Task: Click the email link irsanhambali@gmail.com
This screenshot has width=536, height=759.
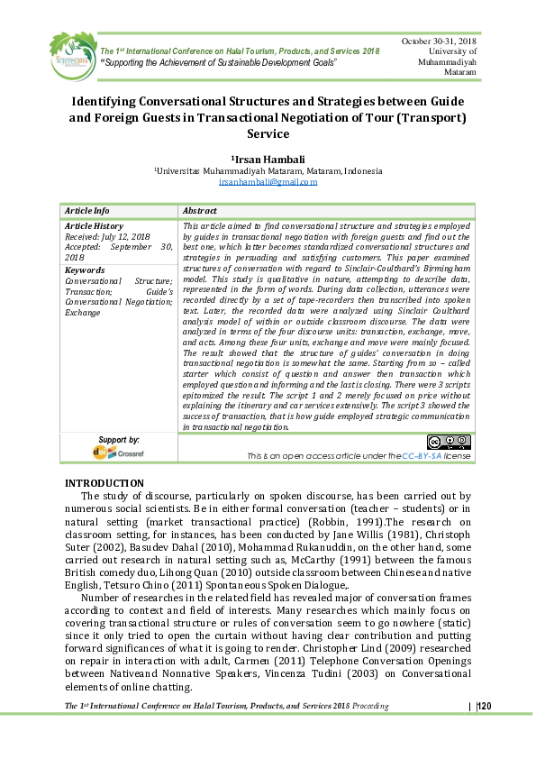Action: [x=268, y=182]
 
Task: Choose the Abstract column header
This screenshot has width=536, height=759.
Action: [x=200, y=209]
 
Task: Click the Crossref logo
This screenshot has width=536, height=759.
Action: [x=118, y=453]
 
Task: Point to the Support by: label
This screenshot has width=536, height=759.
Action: [x=119, y=440]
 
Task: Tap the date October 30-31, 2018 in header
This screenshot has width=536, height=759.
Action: [x=439, y=41]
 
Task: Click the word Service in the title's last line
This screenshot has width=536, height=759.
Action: [x=268, y=133]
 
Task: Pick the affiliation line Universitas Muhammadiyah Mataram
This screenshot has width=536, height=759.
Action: [x=268, y=170]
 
